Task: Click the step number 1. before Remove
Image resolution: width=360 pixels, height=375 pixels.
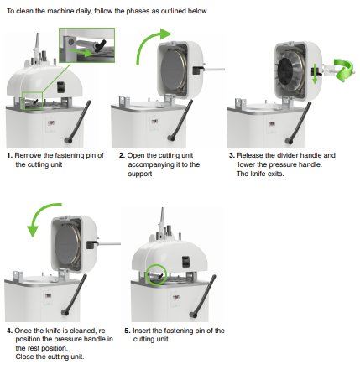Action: (x=10, y=155)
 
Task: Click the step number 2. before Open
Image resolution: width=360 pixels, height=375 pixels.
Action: (x=122, y=155)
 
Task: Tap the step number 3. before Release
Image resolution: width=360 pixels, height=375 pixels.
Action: (x=232, y=155)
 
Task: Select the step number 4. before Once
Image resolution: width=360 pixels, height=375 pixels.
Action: (x=10, y=331)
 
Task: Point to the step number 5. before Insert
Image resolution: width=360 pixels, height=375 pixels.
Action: (x=128, y=331)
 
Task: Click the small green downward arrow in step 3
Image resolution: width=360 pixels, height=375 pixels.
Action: (x=315, y=74)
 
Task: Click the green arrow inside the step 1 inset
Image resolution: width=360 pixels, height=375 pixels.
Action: (x=82, y=53)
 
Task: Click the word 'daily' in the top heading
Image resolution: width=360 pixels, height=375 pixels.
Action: (x=83, y=11)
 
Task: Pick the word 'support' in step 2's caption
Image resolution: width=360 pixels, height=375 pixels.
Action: (x=140, y=174)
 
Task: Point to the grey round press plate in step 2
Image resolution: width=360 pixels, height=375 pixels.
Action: (x=172, y=70)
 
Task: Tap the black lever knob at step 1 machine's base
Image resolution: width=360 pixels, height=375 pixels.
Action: (x=68, y=140)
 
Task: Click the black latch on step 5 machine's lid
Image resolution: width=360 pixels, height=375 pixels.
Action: (x=185, y=262)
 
